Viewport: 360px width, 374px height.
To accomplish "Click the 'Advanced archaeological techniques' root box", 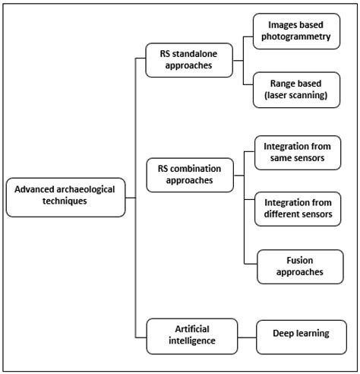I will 65,196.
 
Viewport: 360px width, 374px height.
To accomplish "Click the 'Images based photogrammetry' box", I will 296,31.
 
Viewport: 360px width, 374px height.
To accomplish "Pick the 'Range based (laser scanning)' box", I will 296,88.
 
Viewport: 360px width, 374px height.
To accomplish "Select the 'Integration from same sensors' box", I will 296,152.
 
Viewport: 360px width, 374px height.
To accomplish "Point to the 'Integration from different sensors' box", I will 296,208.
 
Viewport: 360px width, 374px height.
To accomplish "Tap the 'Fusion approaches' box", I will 298,265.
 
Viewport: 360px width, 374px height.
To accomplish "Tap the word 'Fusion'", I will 298,259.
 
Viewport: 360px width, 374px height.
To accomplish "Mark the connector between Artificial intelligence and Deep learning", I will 244,335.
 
